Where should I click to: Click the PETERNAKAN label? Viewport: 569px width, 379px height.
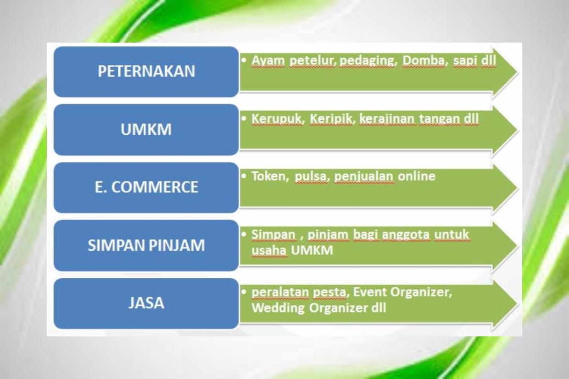coord(146,71)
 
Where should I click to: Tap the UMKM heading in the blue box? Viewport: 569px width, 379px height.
coord(146,129)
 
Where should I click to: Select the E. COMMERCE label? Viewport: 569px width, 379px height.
coord(146,187)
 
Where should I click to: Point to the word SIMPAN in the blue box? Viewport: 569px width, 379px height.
coord(117,245)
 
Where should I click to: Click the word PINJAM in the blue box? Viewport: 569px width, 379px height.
coord(177,245)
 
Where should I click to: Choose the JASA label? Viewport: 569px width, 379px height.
coord(146,303)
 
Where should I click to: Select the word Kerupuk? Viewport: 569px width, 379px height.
coord(278,119)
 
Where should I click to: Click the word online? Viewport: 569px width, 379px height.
coord(416,176)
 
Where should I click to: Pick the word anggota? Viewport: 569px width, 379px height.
coord(406,235)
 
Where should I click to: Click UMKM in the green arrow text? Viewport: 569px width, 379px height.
coord(312,250)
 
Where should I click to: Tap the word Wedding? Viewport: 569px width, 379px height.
coord(278,308)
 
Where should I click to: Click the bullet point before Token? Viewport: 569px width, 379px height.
coord(244,176)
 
